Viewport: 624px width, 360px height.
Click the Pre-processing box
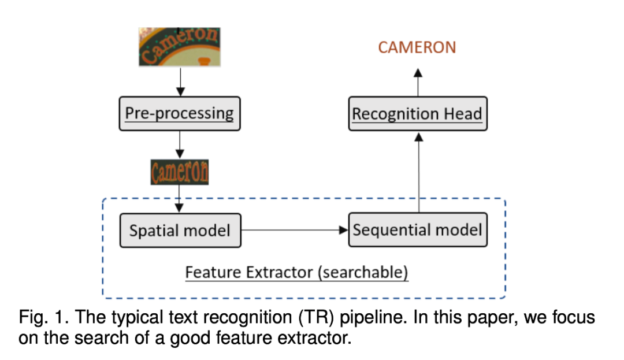point(180,113)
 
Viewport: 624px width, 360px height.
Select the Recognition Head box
point(417,114)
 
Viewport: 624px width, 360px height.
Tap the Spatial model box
point(180,231)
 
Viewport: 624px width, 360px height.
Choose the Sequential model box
point(417,230)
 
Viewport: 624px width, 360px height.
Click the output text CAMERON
point(417,48)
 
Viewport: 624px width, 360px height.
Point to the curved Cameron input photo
point(180,46)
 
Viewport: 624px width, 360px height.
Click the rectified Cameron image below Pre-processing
point(180,172)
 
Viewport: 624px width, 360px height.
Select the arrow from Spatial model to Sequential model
point(295,230)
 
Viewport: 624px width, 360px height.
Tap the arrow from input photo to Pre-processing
point(180,81)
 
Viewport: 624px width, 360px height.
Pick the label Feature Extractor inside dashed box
point(249,272)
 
